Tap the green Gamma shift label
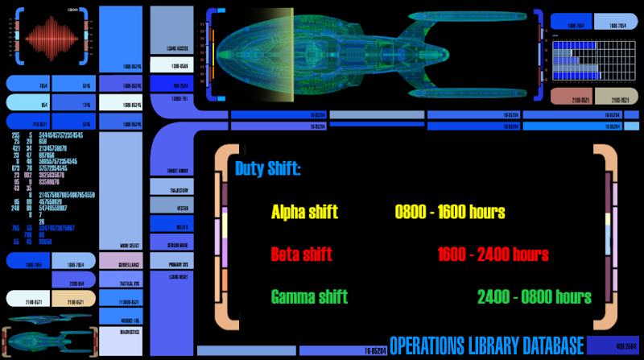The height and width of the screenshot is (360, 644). click(x=309, y=296)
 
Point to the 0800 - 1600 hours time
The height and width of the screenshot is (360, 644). click(x=450, y=213)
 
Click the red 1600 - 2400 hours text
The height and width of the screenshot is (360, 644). click(x=493, y=254)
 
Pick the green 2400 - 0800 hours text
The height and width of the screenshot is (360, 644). click(x=534, y=296)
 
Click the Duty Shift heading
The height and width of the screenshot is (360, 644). click(x=268, y=170)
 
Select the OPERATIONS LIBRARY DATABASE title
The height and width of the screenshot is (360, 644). click(x=485, y=346)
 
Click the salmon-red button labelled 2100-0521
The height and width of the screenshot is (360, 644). click(x=572, y=97)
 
